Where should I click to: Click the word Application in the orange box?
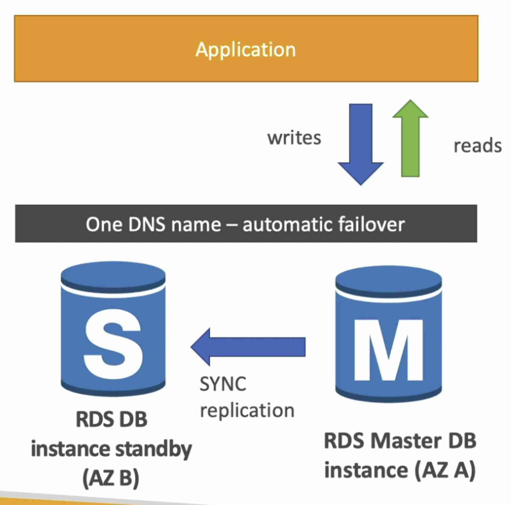(245, 50)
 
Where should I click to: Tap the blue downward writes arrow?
(361, 143)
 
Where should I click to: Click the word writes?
(294, 138)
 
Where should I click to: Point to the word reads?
(477, 146)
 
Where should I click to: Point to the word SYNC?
(223, 384)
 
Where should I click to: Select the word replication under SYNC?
(247, 410)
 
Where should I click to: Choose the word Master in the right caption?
(406, 441)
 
